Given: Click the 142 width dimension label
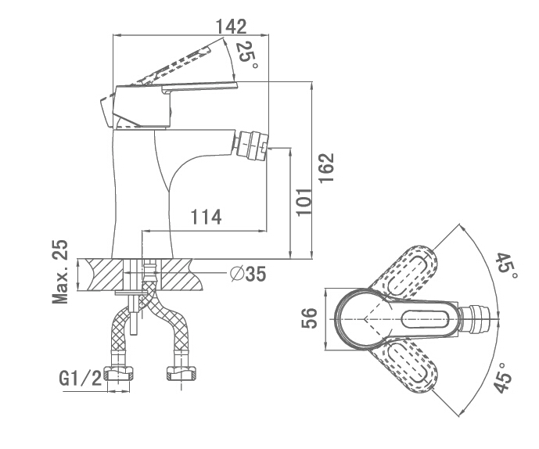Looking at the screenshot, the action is [231, 27].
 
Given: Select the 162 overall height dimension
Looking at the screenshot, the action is [326, 167].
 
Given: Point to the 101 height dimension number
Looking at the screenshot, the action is [304, 202].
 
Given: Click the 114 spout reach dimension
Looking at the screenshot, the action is [206, 217].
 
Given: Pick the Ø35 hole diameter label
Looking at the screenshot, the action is [248, 274].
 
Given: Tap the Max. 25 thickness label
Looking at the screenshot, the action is [60, 272].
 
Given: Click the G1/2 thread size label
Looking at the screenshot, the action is [81, 379].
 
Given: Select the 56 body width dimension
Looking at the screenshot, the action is [309, 318].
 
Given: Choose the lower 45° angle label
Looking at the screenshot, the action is [503, 377].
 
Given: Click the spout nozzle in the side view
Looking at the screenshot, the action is [250, 145].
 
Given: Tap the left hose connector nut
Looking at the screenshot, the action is [119, 374].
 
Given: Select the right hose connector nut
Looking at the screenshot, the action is [181, 374].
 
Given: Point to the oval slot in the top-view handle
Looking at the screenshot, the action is [426, 319].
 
